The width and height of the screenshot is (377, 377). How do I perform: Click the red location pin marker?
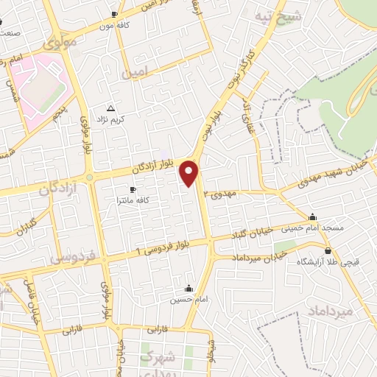pos(189,173)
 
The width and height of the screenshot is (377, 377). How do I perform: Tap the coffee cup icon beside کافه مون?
pos(113,14)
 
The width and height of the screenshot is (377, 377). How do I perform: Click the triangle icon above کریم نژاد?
pos(111,108)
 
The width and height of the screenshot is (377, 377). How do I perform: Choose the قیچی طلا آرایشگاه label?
pos(322,261)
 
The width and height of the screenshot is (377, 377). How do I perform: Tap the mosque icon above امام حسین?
pos(189,288)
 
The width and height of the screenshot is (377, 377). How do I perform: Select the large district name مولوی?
pos(60,43)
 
